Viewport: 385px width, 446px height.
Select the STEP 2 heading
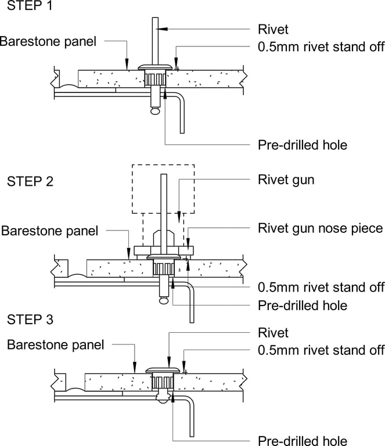(x=30, y=181)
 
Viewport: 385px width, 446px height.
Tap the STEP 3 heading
(x=30, y=319)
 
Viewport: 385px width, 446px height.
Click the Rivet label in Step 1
(x=272, y=28)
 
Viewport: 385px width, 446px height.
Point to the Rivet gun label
(x=286, y=180)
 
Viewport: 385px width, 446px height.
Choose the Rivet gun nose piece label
(x=320, y=228)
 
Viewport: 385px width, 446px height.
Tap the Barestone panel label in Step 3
(x=55, y=344)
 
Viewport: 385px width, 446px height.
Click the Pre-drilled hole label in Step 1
(x=302, y=145)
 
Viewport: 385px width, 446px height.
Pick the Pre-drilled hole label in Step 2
(x=302, y=305)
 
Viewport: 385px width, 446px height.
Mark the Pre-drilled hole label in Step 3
(x=302, y=440)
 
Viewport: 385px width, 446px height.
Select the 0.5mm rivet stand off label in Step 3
(x=321, y=350)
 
